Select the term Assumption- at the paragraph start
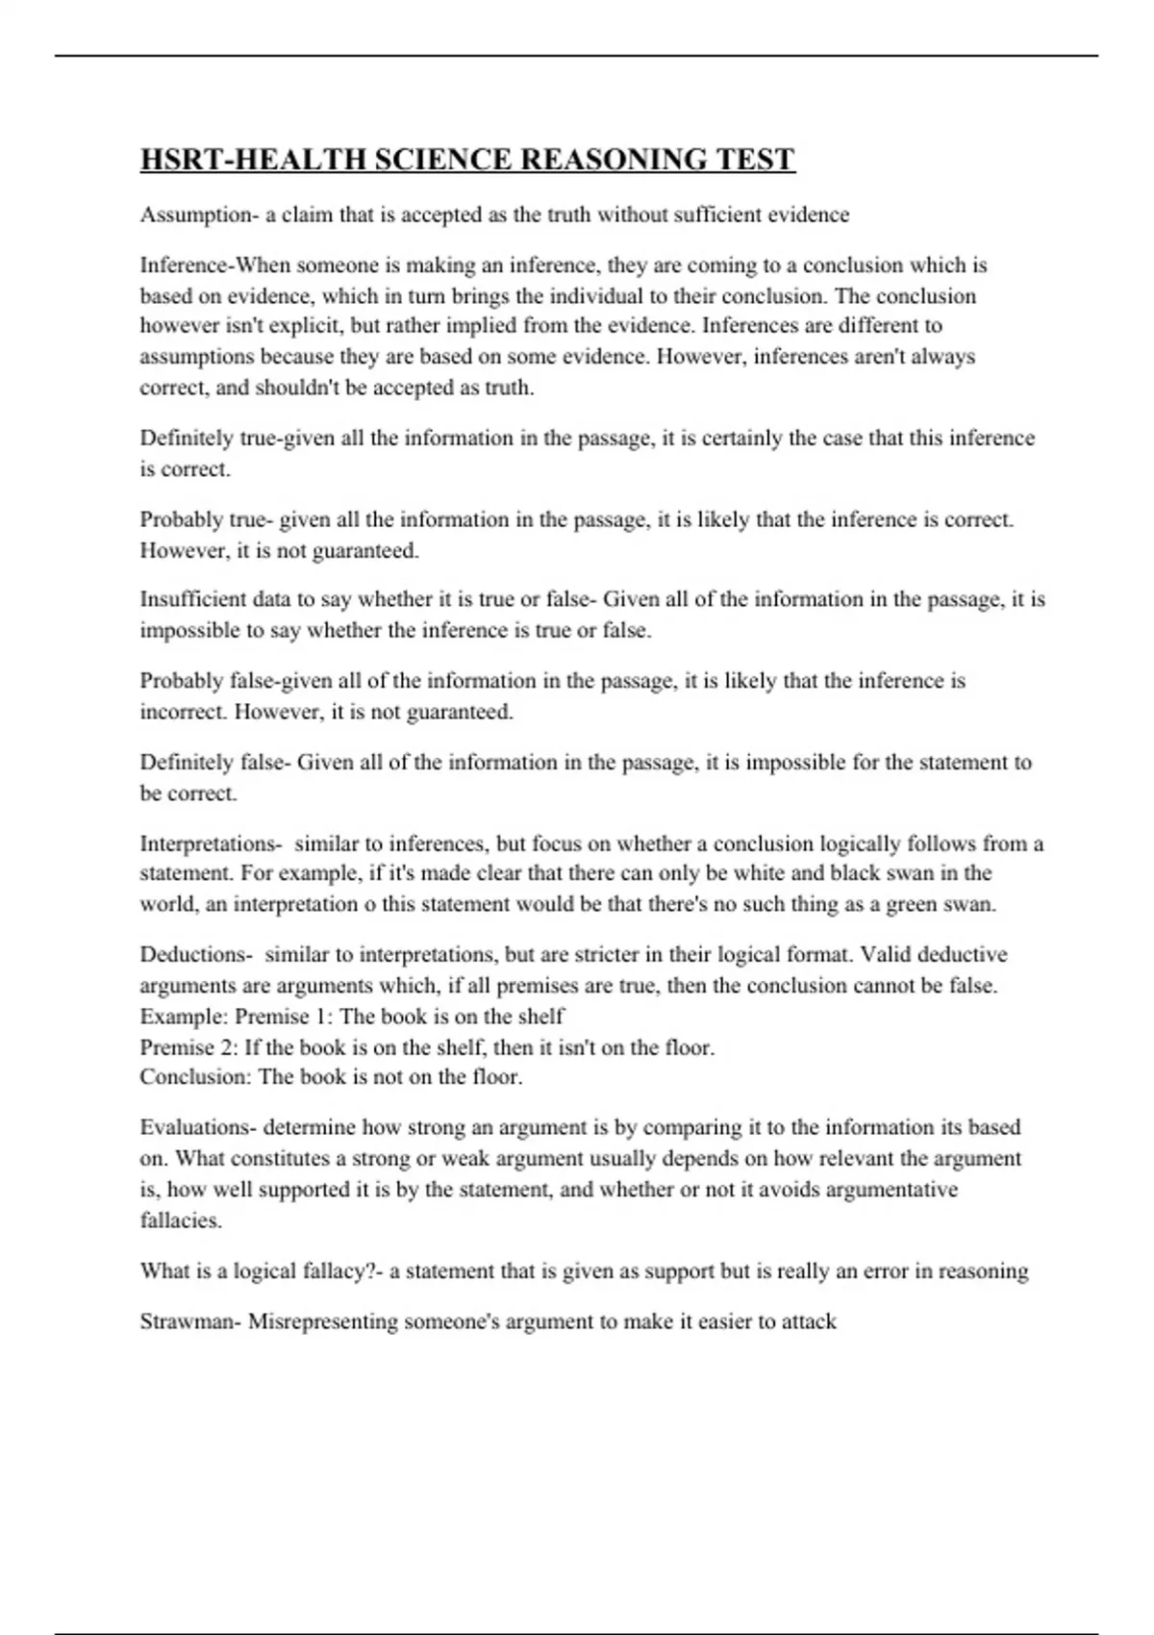coord(199,214)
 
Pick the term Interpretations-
coord(211,843)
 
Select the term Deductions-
coord(196,954)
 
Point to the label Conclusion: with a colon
coord(195,1076)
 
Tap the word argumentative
coord(875,1189)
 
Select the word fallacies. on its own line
coord(181,1220)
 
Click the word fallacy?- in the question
coord(342,1270)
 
